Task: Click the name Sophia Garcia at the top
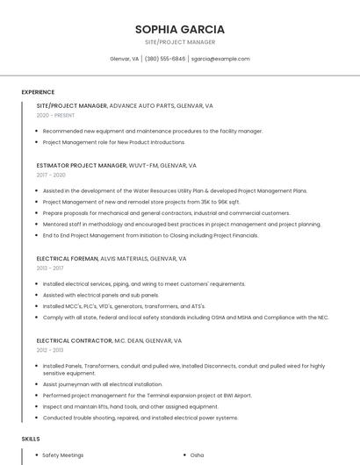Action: [x=180, y=29]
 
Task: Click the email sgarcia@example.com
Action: [x=220, y=59]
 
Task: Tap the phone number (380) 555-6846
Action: [x=165, y=59]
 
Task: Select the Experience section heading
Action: [x=38, y=92]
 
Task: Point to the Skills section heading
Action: [x=31, y=438]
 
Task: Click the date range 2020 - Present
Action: [x=55, y=115]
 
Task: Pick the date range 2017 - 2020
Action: [x=51, y=175]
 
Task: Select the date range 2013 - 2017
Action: [x=49, y=268]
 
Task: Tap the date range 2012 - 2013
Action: [x=49, y=349]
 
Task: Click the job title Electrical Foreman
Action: [x=67, y=259]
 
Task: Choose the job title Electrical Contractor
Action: [x=72, y=340]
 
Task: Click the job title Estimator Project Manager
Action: [x=82, y=165]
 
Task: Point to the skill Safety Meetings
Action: [x=63, y=455]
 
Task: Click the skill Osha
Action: [x=197, y=455]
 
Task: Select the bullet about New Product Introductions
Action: [x=113, y=141]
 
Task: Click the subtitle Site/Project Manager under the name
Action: [x=180, y=42]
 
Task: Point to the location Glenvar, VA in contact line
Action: [x=124, y=59]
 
